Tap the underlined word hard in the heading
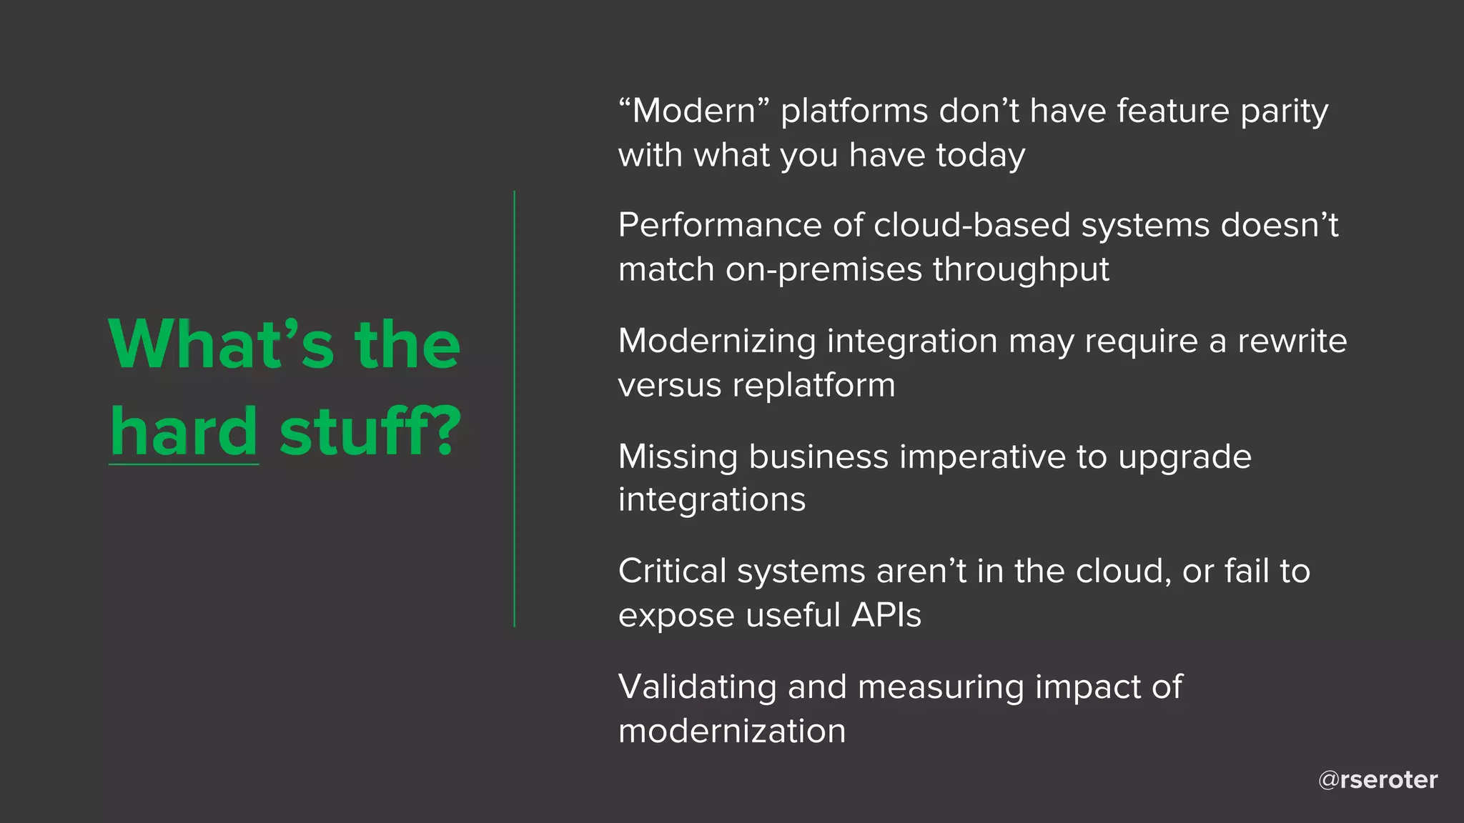(184, 432)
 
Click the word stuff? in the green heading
(370, 432)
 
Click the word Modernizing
(716, 341)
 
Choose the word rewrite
(1292, 341)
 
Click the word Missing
(678, 457)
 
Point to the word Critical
(672, 572)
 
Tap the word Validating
(697, 687)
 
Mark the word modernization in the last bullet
(732, 732)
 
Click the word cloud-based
(971, 226)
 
